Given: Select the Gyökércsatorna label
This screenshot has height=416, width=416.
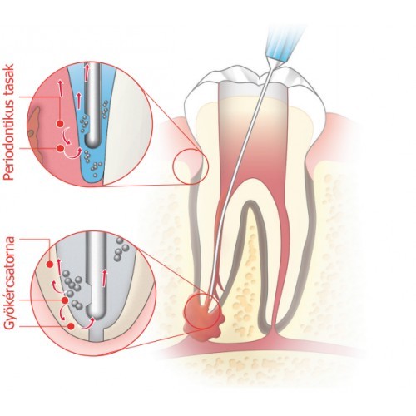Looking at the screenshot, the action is (10, 283).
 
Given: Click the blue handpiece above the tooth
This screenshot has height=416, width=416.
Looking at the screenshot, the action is (285, 44).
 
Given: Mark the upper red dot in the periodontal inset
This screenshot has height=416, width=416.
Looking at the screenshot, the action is (59, 124).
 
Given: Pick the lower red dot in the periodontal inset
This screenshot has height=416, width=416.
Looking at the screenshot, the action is (60, 149).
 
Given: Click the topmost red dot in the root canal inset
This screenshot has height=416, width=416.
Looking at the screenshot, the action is (50, 265).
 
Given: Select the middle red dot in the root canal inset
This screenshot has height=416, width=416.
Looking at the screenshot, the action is (65, 300).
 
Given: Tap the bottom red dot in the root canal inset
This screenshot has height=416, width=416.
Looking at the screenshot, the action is (72, 326).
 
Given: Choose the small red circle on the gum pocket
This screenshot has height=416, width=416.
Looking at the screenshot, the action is (191, 166).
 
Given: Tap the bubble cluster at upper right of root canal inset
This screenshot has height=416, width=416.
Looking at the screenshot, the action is (121, 249).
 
